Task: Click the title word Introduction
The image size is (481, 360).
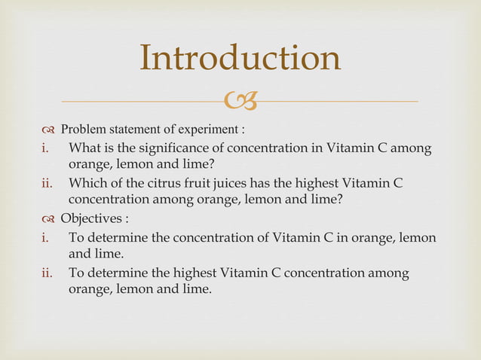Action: coord(240,59)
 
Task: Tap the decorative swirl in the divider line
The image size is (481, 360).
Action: coord(240,100)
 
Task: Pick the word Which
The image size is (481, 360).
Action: coord(88,183)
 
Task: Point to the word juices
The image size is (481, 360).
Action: coord(236,183)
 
